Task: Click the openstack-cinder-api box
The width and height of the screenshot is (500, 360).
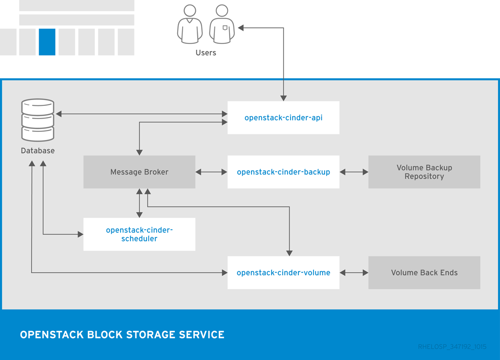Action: click(x=283, y=118)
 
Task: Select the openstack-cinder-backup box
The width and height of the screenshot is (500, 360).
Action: click(x=283, y=172)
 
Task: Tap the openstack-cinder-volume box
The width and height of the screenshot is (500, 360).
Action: click(x=283, y=273)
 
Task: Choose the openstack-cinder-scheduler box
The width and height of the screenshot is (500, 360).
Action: click(x=139, y=235)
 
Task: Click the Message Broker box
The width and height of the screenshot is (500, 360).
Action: click(x=139, y=172)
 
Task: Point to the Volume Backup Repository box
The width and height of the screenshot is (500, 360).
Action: click(x=424, y=172)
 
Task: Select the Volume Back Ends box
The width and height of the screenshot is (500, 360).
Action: click(x=424, y=273)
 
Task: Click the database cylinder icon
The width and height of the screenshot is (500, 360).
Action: click(x=38, y=120)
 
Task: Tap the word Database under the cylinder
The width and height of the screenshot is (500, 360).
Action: click(x=38, y=151)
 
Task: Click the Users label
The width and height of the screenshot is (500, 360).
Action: click(x=206, y=53)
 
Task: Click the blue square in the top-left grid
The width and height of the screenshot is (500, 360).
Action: click(x=47, y=42)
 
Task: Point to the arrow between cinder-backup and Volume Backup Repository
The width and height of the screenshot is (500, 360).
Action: click(x=354, y=172)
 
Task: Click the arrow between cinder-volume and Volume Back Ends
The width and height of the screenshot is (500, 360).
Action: click(x=354, y=273)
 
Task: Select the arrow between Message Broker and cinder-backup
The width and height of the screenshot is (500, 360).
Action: click(x=211, y=172)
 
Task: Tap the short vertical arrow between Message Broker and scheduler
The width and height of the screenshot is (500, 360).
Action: click(x=140, y=203)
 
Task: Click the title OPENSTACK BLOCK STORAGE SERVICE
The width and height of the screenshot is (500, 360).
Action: click(x=122, y=335)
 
